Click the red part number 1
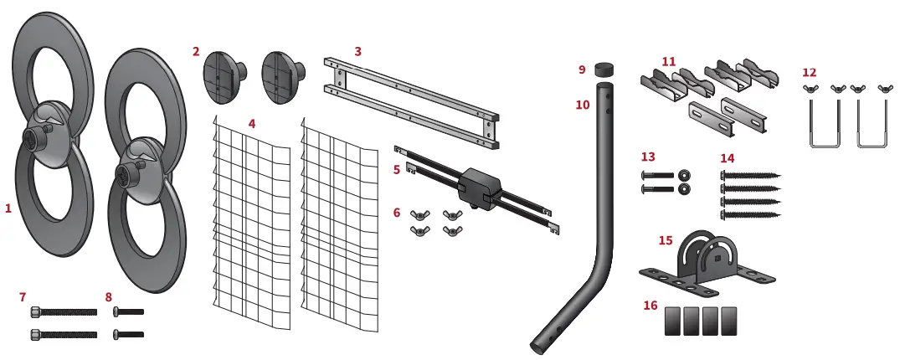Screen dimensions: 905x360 [8, 208]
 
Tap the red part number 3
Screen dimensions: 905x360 [357, 51]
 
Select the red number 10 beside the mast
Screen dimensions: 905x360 [583, 105]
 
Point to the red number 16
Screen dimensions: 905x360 [650, 306]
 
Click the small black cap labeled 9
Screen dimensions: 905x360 [604, 69]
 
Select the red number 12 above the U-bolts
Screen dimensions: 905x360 [810, 72]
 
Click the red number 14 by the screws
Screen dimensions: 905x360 [728, 157]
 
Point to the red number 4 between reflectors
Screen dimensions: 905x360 [252, 123]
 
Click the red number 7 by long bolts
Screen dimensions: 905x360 [23, 296]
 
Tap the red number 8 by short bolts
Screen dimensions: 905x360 [109, 296]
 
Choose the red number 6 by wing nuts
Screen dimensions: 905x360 [397, 213]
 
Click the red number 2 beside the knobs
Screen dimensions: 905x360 [196, 51]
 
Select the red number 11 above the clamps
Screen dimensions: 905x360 [669, 60]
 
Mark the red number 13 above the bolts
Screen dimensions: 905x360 [648, 157]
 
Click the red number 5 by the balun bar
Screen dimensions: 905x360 [397, 169]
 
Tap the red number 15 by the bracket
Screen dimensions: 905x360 [666, 240]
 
